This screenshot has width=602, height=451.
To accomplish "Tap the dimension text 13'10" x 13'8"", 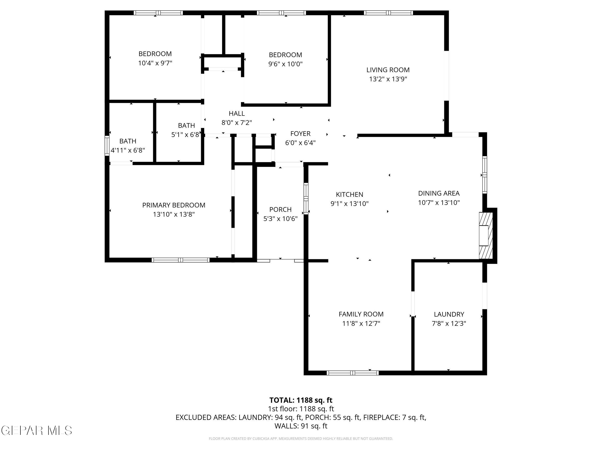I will click(174, 214).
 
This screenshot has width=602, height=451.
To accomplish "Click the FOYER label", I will click(300, 133).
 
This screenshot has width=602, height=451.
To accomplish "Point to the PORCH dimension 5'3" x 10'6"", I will click(280, 219).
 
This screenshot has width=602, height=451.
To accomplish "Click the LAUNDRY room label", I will click(449, 314).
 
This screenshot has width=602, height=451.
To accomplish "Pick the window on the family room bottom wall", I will click(353, 373).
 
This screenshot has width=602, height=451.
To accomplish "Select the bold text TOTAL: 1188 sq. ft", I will click(301, 400).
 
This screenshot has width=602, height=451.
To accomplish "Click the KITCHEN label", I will click(349, 194).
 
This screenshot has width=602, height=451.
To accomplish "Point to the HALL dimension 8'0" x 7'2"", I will click(236, 123).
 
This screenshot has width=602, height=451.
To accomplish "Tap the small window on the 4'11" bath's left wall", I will click(107, 146).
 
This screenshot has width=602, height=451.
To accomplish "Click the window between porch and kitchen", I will click(306, 198).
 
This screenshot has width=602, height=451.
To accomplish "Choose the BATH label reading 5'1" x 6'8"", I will click(186, 125).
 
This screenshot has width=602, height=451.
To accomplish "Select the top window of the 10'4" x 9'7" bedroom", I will click(158, 13).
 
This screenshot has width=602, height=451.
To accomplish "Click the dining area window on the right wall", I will click(484, 175).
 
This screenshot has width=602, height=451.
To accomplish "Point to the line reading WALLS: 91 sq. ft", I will click(301, 426).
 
